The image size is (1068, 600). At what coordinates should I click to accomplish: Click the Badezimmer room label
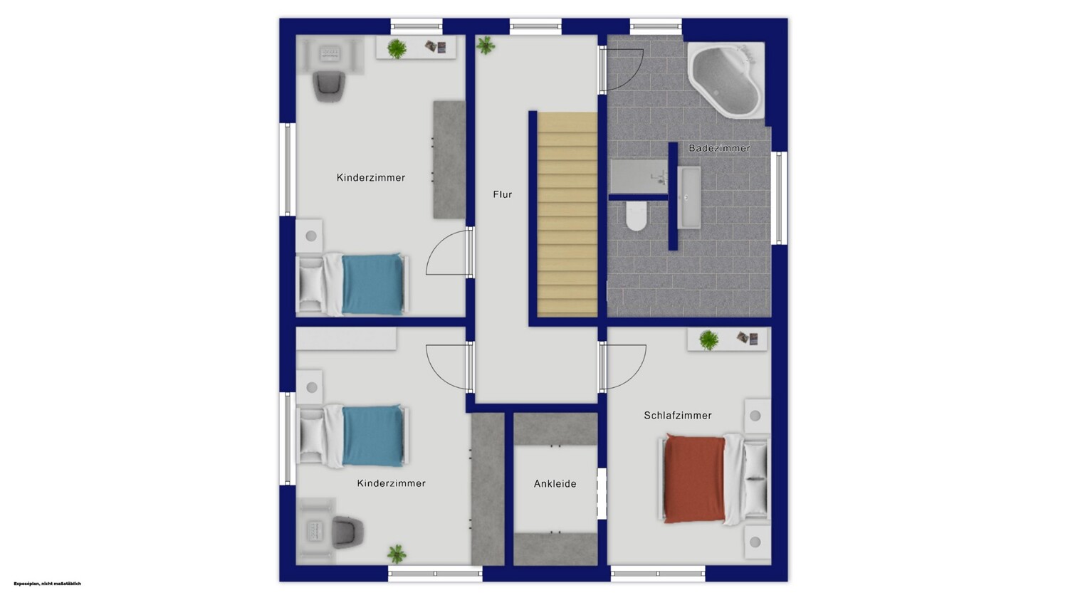[719, 148]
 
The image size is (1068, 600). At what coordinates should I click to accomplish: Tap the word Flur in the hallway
[503, 194]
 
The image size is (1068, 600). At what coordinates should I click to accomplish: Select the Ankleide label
[555, 484]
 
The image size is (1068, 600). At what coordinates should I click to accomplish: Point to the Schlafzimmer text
[678, 416]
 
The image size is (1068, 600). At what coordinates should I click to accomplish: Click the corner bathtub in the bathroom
[726, 80]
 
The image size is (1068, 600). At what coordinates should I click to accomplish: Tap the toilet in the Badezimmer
[636, 216]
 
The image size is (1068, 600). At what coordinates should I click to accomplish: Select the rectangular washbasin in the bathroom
[689, 197]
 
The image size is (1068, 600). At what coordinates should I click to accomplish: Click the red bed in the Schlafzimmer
[714, 479]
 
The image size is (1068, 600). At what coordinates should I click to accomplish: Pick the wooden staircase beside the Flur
[567, 214]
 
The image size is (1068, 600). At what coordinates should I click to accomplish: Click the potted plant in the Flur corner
[486, 46]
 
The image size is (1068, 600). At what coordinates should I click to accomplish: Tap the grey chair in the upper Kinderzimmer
[329, 86]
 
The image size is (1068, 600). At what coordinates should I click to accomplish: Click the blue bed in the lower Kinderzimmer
[353, 436]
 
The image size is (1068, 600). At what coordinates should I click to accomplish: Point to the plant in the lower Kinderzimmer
[397, 554]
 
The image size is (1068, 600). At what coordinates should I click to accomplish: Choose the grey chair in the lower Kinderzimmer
[348, 532]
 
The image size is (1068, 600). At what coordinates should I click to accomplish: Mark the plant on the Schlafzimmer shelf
[709, 340]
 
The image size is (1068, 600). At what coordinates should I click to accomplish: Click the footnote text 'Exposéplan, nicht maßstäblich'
[47, 584]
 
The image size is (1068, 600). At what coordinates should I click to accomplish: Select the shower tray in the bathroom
[639, 177]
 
